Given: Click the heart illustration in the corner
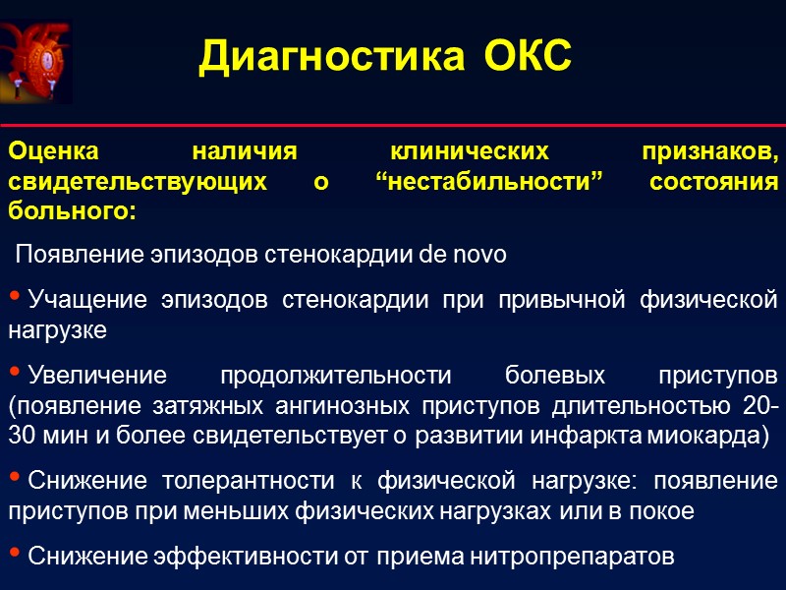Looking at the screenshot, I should pos(36,61).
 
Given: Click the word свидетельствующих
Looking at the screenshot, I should pos(137,183).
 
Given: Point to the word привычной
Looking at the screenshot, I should pos(567,299).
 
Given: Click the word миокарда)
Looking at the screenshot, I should pos(725,434).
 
